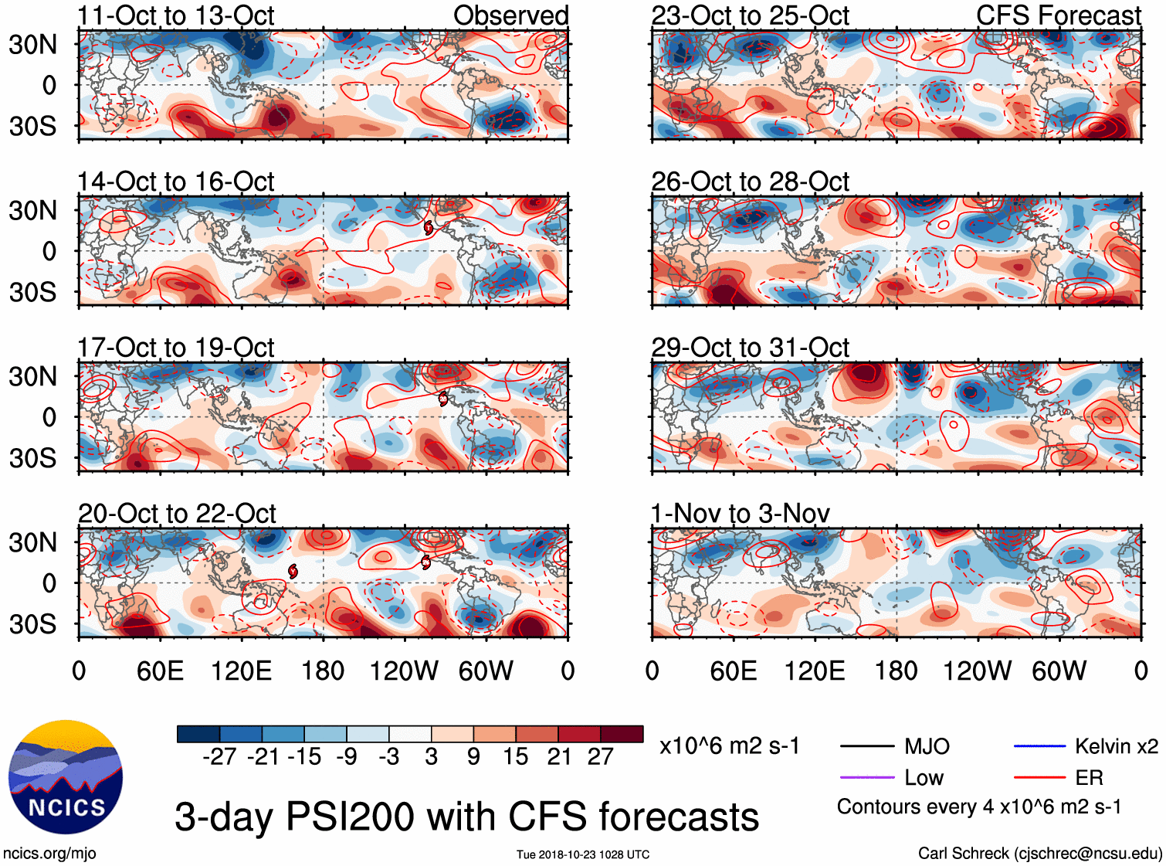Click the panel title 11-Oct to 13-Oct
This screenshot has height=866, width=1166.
[175, 15]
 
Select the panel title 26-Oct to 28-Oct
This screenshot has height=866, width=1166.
[750, 182]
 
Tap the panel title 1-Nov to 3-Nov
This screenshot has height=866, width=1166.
[740, 513]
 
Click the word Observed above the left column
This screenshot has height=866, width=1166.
[510, 15]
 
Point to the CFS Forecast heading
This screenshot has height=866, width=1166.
[1058, 15]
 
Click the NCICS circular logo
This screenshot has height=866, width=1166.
[66, 777]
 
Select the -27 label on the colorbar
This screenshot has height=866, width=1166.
[219, 756]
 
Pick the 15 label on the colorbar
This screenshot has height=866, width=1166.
[516, 756]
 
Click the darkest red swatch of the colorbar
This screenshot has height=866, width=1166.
[622, 734]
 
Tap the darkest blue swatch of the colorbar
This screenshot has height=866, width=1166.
[198, 734]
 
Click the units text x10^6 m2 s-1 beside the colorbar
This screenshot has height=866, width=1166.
[729, 746]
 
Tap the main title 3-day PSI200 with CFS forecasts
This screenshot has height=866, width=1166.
[466, 817]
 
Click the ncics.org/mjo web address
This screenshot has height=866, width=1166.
[49, 853]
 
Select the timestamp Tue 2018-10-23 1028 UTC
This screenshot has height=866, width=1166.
[583, 854]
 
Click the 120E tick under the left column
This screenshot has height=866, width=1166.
[242, 671]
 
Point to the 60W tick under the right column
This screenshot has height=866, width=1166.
[1059, 671]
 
